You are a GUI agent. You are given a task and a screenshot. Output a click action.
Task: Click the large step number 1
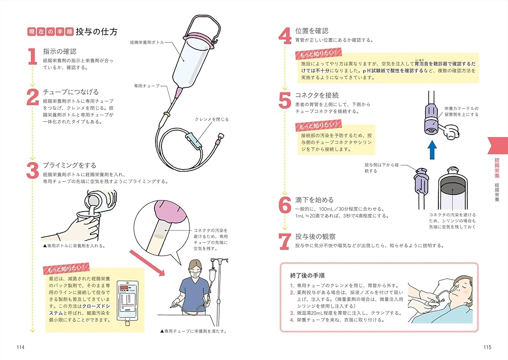(32, 56)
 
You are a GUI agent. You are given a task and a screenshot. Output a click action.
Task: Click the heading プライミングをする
(69, 165)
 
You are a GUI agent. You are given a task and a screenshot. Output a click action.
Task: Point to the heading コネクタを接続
(316, 95)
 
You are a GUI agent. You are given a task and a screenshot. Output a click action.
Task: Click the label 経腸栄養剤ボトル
(147, 43)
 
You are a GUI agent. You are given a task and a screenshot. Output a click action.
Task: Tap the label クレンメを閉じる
(212, 119)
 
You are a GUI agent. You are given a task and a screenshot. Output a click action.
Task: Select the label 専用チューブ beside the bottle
(146, 86)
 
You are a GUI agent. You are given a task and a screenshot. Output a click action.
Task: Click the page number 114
(20, 347)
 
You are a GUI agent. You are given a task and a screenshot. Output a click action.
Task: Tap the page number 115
(487, 347)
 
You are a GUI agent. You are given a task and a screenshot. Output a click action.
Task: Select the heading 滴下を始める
(314, 200)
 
